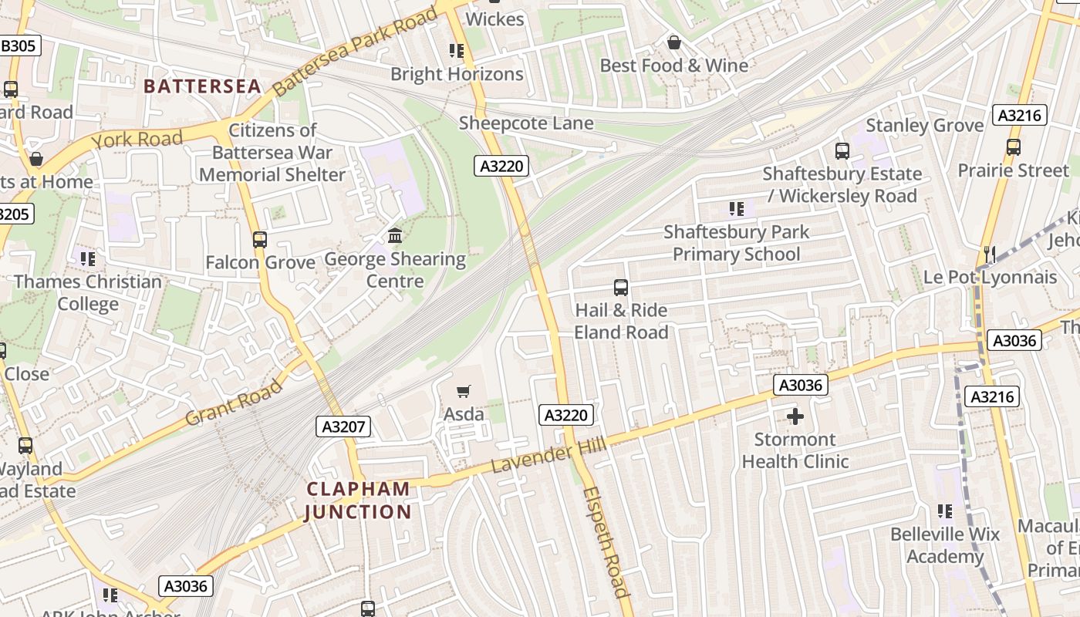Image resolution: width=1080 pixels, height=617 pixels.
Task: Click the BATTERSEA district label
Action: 203,86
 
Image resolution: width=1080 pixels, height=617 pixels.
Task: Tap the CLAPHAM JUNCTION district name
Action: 359,500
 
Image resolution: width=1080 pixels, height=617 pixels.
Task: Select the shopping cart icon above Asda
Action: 464,392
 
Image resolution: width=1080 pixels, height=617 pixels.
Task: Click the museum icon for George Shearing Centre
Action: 395,235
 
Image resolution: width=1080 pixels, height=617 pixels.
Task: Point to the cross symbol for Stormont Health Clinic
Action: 795,417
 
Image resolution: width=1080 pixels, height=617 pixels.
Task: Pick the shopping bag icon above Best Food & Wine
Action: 674,42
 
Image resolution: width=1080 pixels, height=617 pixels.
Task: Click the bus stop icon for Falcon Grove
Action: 260,240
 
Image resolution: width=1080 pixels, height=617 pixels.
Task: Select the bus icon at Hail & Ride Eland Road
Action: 621,288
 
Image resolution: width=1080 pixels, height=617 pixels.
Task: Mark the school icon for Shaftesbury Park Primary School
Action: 737,208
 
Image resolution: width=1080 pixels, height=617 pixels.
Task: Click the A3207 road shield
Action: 344,427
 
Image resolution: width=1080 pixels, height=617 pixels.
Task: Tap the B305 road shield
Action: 18,46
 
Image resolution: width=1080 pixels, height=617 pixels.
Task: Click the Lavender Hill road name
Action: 548,456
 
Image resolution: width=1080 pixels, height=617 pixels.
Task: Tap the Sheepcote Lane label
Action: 526,123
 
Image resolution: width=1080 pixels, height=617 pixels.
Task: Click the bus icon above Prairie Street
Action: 1014,147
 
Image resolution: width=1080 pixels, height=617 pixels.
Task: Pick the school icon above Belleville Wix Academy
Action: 945,511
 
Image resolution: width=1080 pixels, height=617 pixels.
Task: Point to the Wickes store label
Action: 495,19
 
